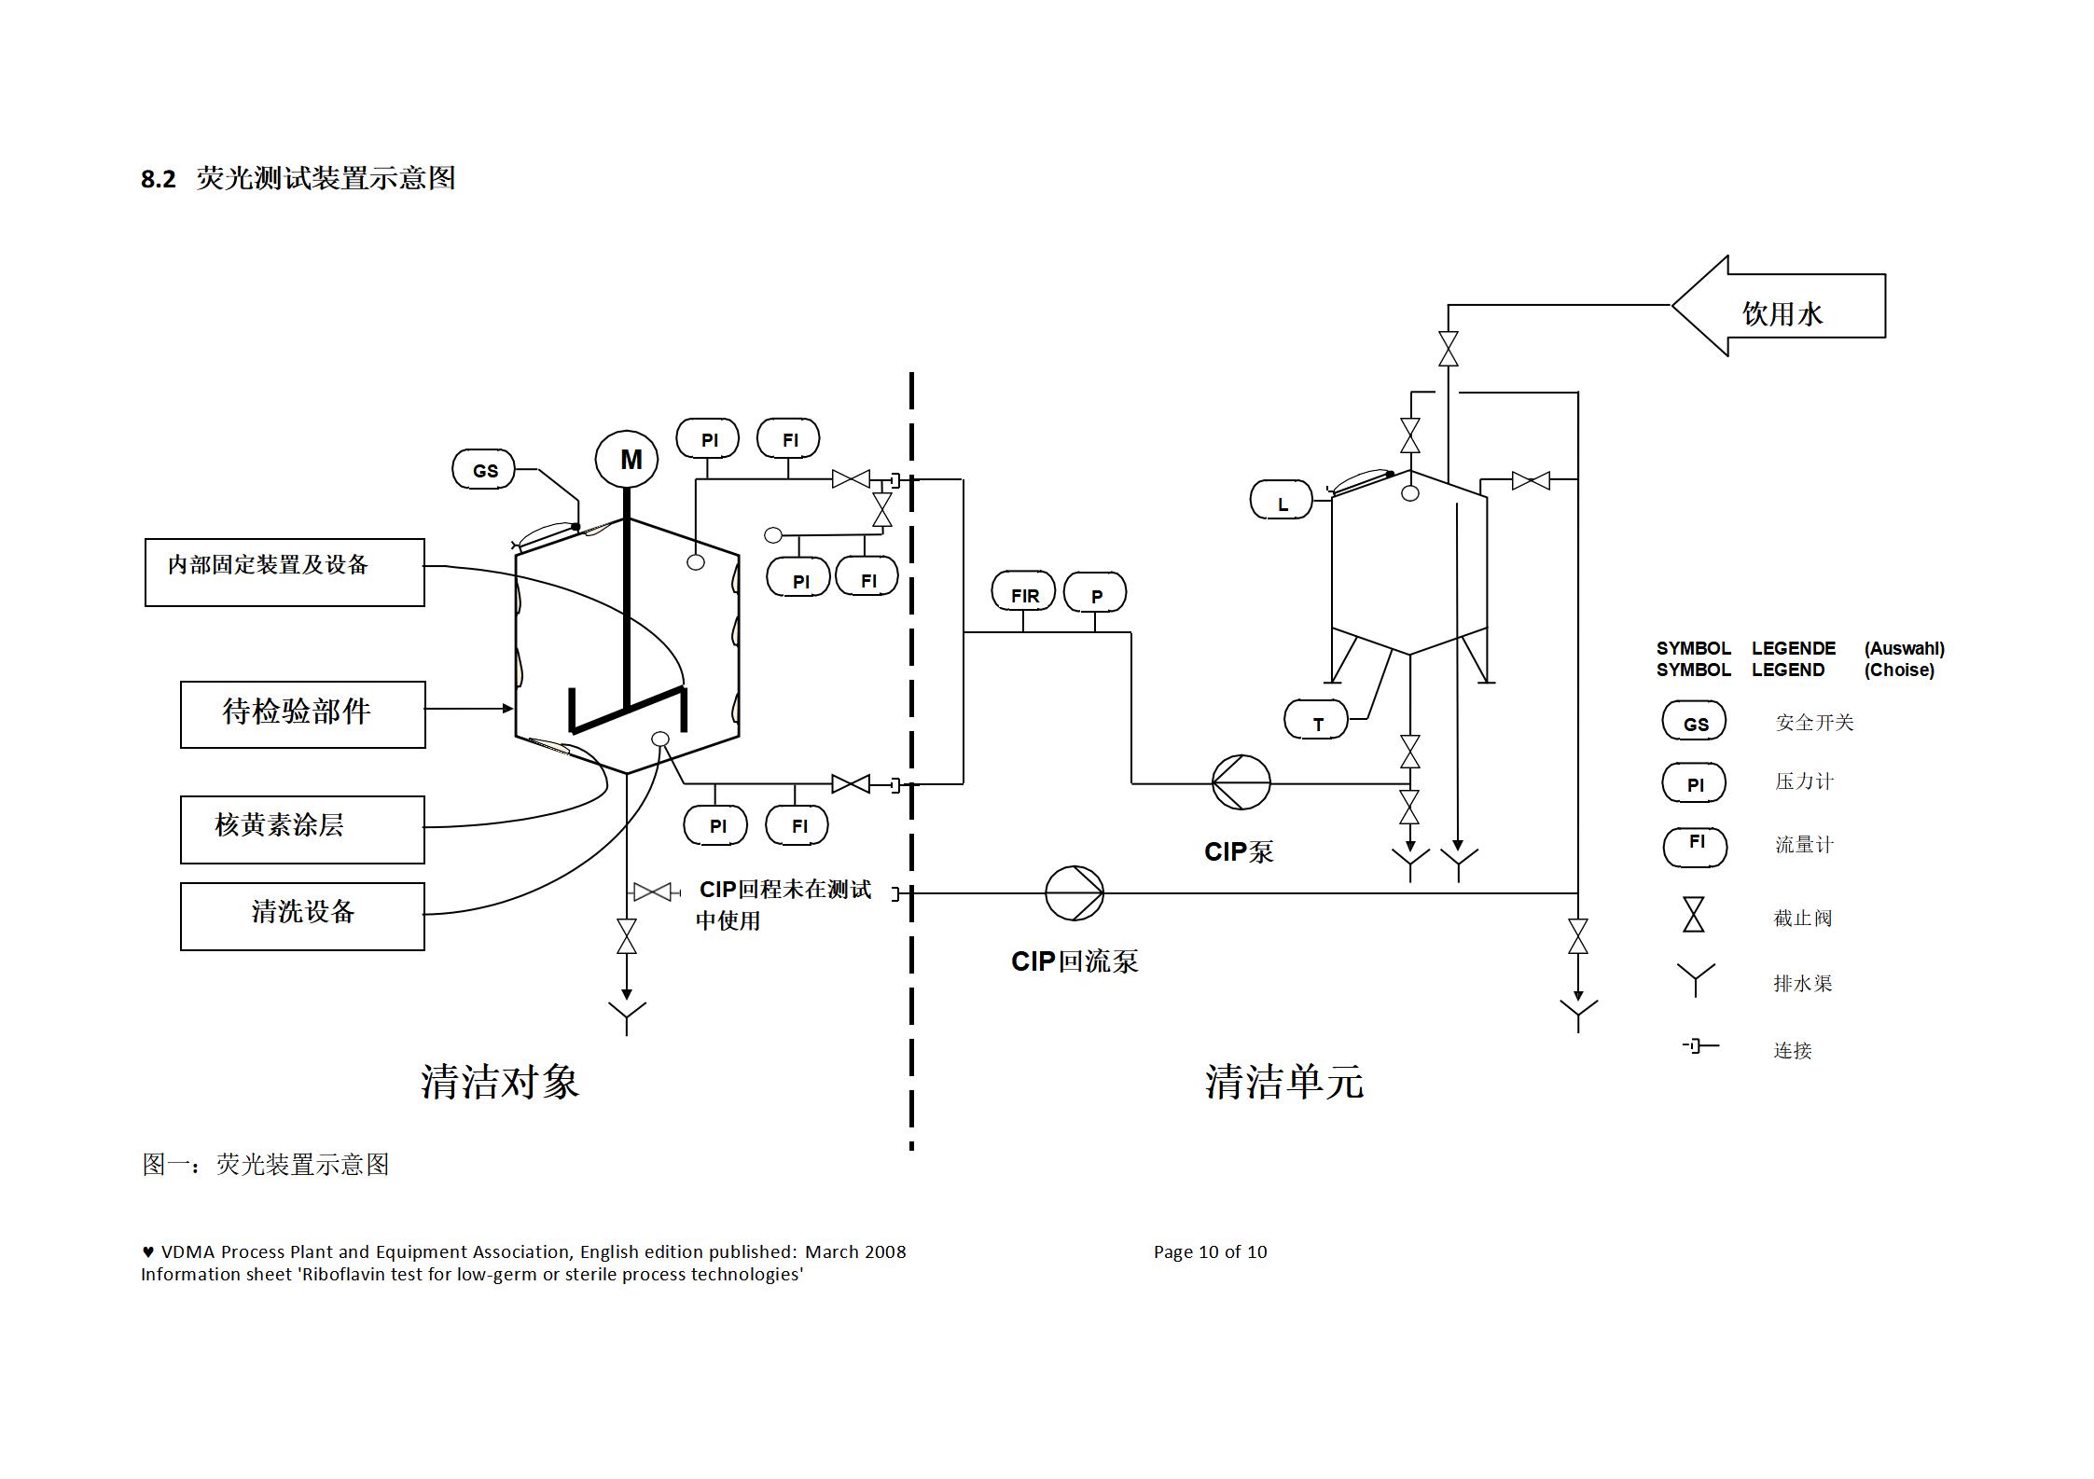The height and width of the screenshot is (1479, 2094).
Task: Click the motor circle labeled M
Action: click(x=627, y=459)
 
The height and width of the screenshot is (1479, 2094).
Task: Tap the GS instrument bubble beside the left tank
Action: click(x=483, y=469)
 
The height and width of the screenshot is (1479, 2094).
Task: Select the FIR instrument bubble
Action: click(x=1023, y=593)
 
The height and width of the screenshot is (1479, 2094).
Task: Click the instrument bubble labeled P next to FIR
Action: click(x=1095, y=594)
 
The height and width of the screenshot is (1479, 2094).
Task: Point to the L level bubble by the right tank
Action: click(x=1281, y=501)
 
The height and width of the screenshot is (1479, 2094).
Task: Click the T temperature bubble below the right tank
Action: click(x=1315, y=720)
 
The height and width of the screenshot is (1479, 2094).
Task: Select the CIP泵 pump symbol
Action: click(x=1241, y=782)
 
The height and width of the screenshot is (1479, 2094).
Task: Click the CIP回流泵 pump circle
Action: click(x=1074, y=893)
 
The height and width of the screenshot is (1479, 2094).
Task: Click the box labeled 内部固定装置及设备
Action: click(x=284, y=572)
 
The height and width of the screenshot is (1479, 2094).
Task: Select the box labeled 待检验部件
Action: click(x=302, y=714)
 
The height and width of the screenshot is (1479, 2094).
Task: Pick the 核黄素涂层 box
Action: click(x=302, y=829)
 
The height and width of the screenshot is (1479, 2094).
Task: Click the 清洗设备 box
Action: click(x=302, y=916)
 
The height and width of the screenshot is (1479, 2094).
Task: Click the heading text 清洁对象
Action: click(x=500, y=1081)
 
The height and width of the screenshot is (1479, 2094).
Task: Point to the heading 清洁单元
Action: click(x=1283, y=1081)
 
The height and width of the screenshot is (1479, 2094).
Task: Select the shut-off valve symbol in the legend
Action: click(x=1693, y=914)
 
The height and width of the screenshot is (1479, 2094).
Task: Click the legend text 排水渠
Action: click(x=1802, y=983)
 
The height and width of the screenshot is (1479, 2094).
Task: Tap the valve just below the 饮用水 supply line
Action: click(x=1448, y=349)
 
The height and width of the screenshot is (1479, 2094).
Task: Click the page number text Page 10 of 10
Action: click(x=1210, y=1251)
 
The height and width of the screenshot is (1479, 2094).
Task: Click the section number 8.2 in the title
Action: click(x=158, y=179)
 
